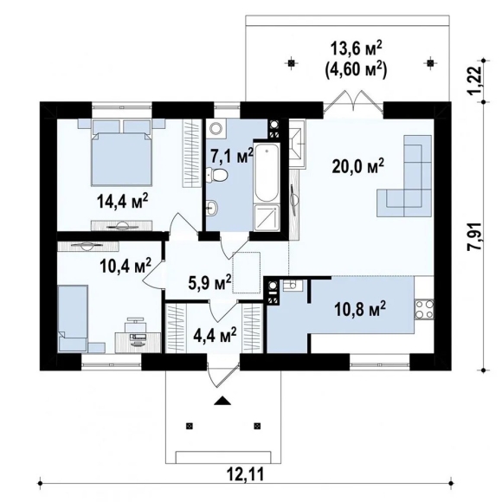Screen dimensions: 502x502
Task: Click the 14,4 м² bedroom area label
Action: (123, 201)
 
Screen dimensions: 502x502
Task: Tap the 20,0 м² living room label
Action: (358, 166)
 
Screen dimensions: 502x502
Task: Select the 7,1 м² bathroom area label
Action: (231, 157)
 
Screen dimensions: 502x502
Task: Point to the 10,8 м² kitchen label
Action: (360, 309)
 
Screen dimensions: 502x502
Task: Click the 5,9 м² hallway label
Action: (210, 282)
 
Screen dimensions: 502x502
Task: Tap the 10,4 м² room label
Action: (125, 266)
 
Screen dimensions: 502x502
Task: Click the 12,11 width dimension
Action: (246, 474)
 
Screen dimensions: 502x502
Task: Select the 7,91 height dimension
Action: (475, 236)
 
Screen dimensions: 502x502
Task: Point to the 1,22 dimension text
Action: (475, 80)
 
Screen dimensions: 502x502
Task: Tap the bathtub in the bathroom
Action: (267, 173)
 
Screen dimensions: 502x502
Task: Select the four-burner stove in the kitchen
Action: (424, 310)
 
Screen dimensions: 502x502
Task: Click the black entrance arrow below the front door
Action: (222, 401)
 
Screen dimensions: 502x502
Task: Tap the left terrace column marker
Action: (291, 63)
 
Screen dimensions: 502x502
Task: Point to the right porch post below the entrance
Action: (257, 426)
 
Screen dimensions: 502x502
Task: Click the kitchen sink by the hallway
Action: (293, 286)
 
